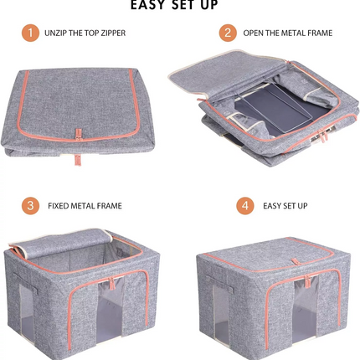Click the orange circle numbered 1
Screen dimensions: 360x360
pyautogui.click(x=30, y=33)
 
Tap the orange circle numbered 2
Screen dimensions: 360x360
pyautogui.click(x=228, y=33)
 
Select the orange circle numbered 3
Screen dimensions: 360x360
pyautogui.click(x=30, y=206)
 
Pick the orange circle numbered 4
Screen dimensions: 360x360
pyautogui.click(x=245, y=206)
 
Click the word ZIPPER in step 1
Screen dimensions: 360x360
pyautogui.click(x=113, y=33)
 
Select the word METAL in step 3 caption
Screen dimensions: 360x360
pyautogui.click(x=83, y=206)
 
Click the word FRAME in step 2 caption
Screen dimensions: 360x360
pyautogui.click(x=320, y=33)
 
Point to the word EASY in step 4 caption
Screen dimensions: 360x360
pyautogui.click(x=272, y=206)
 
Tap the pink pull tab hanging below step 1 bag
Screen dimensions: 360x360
pyautogui.click(x=78, y=160)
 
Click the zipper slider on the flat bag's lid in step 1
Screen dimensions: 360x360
pyautogui.click(x=79, y=135)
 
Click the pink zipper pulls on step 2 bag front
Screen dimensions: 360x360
pyautogui.click(x=324, y=136)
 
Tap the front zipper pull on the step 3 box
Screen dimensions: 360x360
pyautogui.click(x=111, y=283)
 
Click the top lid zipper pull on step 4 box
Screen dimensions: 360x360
pyautogui.click(x=296, y=261)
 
